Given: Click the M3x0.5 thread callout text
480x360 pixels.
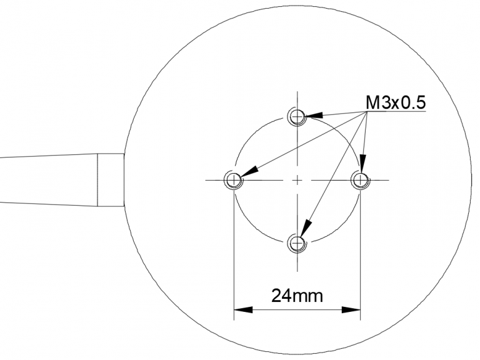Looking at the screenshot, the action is click(x=396, y=102).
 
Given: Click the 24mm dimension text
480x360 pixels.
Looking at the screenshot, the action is click(x=297, y=296).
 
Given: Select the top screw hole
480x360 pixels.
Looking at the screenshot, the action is click(x=297, y=116).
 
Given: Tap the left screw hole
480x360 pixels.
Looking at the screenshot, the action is click(x=234, y=180).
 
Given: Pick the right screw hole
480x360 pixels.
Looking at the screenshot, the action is click(x=360, y=180).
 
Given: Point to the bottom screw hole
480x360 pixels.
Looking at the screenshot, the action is click(x=297, y=243).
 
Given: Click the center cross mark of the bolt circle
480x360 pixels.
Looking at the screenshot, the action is click(x=297, y=180).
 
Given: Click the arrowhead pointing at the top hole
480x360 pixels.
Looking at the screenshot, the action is click(x=314, y=115).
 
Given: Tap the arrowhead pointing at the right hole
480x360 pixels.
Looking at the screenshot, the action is click(x=362, y=164).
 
